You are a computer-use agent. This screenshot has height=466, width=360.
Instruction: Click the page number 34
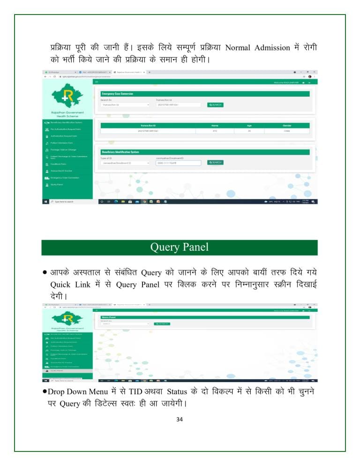180,419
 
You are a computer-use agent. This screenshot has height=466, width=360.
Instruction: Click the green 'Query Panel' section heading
180,247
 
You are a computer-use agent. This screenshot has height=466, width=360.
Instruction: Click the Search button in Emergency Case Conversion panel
215,105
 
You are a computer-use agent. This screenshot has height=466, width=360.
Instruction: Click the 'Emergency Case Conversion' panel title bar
205,94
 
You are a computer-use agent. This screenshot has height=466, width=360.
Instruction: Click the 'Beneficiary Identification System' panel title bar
205,152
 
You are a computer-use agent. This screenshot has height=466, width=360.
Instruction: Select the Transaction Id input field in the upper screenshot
178,105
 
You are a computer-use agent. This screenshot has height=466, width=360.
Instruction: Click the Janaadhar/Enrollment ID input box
178,163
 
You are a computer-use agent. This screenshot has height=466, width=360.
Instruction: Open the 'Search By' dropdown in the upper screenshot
125,105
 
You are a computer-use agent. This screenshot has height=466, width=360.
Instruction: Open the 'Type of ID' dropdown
125,163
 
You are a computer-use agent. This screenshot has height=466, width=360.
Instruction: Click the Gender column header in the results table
287,125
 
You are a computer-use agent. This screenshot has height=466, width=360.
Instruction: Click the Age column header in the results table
249,125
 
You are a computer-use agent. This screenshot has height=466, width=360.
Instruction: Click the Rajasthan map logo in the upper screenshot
67,97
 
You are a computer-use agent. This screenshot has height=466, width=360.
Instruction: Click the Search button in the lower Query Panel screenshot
162,323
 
